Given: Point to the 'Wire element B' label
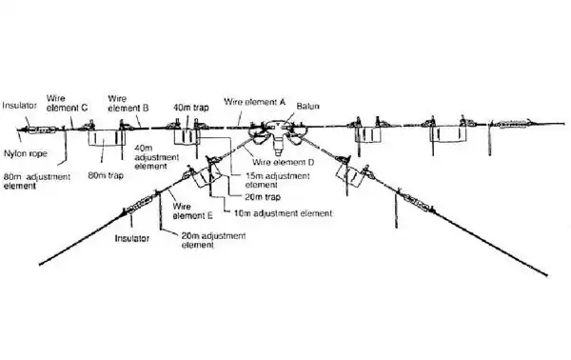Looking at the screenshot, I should point(128,103).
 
